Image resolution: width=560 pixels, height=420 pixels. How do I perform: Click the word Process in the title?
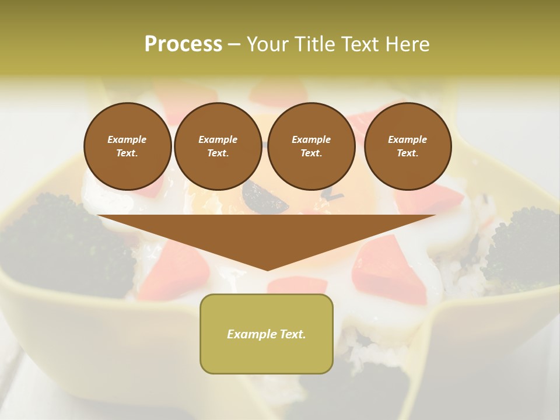(183, 44)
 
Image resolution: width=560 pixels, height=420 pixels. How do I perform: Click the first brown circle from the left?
(127, 146)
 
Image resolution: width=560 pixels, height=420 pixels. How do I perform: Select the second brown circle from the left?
(218, 146)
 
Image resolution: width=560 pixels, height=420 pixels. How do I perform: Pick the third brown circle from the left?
(311, 146)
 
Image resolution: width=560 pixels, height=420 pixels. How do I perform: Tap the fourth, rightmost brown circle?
(407, 146)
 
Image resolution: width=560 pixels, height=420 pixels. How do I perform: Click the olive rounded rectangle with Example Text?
(266, 334)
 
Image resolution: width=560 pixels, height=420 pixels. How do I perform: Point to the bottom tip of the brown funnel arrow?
(267, 269)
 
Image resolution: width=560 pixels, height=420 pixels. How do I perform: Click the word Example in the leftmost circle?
(127, 139)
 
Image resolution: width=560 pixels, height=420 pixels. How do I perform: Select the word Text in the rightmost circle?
(407, 153)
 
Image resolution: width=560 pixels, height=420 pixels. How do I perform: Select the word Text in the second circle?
(218, 153)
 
